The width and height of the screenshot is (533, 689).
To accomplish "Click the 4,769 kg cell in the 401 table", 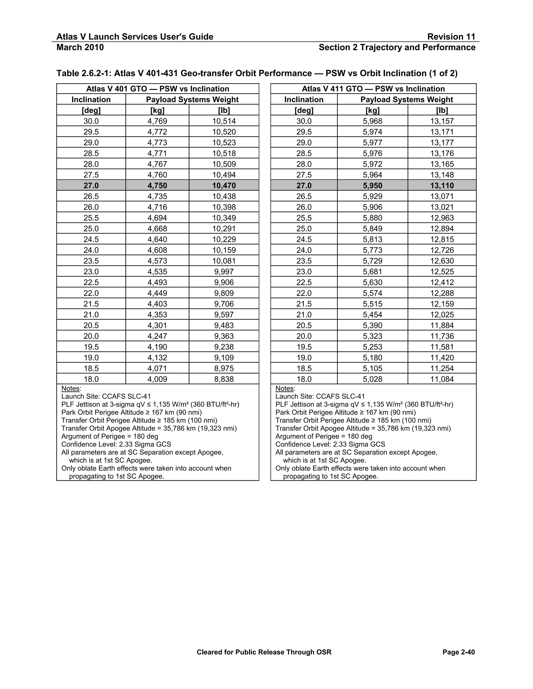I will [x=157, y=121].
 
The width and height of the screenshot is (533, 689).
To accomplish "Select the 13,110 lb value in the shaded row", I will [x=442, y=185].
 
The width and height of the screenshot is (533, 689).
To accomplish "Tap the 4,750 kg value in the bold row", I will [x=157, y=185].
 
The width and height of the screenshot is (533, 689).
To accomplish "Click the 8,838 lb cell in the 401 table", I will [x=224, y=379].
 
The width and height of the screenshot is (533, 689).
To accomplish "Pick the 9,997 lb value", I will [x=224, y=272].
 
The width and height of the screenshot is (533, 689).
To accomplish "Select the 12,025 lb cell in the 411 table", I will [x=442, y=315].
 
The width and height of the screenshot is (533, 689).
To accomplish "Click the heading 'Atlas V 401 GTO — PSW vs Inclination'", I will [x=157, y=89].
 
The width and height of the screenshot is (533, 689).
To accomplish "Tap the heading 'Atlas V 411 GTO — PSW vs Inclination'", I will [x=373, y=89].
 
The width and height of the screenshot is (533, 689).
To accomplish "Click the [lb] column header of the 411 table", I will [x=442, y=110].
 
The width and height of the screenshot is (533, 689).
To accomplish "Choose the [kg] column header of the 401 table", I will [x=157, y=110].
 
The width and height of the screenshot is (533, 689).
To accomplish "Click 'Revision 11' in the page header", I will [x=451, y=37].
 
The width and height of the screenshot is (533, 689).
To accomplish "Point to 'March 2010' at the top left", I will [x=80, y=47].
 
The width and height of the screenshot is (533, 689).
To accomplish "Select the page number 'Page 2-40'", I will [x=459, y=652].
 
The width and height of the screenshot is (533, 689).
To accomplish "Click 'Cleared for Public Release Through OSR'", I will [x=264, y=652].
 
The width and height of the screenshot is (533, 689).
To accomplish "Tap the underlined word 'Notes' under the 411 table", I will [x=285, y=389].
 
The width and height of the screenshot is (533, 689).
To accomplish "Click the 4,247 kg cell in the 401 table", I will [x=157, y=336].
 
